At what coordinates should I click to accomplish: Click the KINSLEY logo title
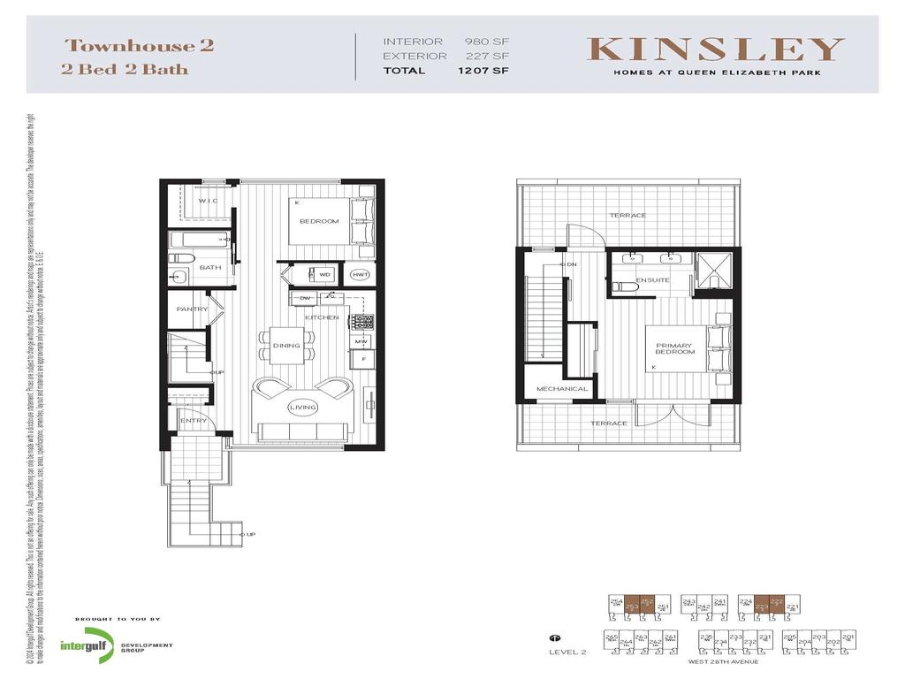tap(717, 50)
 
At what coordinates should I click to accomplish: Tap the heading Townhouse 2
tap(140, 46)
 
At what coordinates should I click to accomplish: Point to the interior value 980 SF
tap(488, 42)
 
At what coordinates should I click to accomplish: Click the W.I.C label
tap(208, 201)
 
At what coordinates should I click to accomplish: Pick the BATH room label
tap(209, 267)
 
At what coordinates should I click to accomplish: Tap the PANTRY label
tap(192, 309)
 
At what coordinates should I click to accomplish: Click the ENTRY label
tap(194, 421)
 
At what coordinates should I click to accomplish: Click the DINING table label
tap(286, 346)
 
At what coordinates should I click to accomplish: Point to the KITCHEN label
tap(322, 317)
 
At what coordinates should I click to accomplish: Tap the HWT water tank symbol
tap(360, 275)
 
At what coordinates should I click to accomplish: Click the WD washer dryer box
tap(324, 275)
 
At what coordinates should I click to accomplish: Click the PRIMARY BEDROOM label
tap(675, 348)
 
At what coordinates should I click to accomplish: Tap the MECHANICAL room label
tap(562, 389)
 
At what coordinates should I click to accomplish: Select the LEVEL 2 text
tap(567, 652)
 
